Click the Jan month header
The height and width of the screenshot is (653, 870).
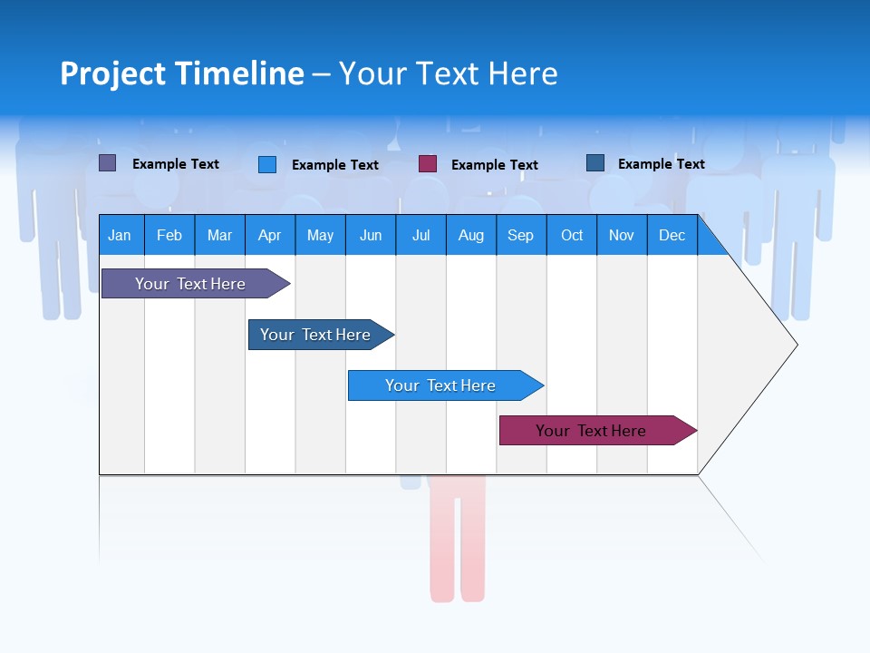(120, 235)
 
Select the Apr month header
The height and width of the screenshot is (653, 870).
(269, 235)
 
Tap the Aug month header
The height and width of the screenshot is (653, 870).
(470, 235)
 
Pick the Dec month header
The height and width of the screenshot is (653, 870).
(672, 235)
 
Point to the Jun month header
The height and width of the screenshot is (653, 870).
(370, 235)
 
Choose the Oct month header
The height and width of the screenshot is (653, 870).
(572, 235)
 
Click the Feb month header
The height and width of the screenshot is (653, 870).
(169, 235)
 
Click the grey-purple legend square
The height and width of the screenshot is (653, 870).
(108, 163)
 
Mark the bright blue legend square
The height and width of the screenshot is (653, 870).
(267, 164)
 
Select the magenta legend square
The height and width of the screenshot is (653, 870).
(428, 164)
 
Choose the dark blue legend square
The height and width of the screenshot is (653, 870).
(595, 163)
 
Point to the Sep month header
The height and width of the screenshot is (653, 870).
(520, 235)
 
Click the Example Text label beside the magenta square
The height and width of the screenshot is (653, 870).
(494, 165)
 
